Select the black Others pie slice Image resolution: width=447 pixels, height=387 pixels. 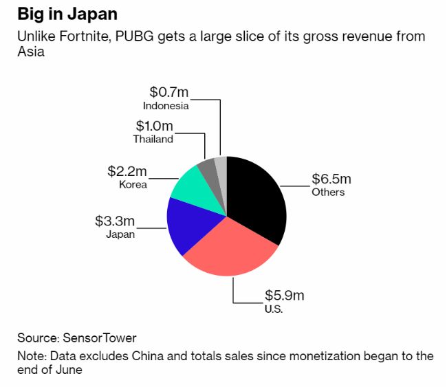(258, 199)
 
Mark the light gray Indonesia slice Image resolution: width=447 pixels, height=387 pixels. (220, 164)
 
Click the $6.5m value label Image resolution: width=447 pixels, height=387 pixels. (331, 179)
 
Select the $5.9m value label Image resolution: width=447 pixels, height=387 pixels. (284, 296)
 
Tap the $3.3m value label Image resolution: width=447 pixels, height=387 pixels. (115, 221)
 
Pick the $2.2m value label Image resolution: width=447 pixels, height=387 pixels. (127, 171)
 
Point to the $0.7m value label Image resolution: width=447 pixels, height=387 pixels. (168, 92)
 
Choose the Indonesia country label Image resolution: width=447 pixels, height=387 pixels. (166, 106)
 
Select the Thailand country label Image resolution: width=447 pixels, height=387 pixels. (153, 139)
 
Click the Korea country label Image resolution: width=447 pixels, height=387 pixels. (133, 184)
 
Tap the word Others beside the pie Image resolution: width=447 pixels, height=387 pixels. (328, 192)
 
